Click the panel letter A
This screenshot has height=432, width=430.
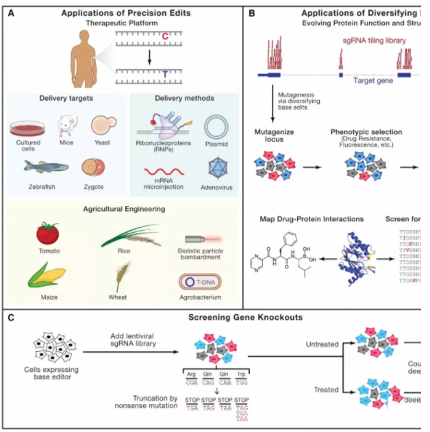pos(12,13)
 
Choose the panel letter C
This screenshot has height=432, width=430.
pos(12,318)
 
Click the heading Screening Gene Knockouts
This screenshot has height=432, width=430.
pos(226,318)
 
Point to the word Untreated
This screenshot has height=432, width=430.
pos(321,344)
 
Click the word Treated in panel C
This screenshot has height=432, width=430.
pos(326,390)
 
